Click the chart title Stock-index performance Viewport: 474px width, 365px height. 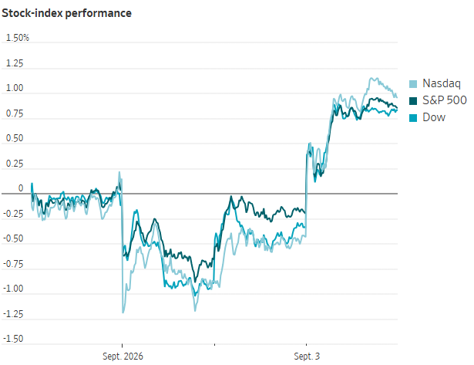tap(66, 13)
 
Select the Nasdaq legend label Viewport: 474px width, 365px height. tap(442, 83)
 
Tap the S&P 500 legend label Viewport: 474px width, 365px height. tap(445, 100)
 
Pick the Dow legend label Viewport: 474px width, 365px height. tap(434, 117)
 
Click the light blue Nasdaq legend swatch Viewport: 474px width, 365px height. tap(413, 84)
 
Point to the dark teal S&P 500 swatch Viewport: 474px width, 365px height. tap(413, 101)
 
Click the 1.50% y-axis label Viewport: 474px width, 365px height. tap(18, 38)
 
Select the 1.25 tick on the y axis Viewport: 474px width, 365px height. tap(15, 63)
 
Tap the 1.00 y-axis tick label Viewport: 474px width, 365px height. tap(15, 88)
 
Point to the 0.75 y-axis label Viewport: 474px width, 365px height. tap(15, 113)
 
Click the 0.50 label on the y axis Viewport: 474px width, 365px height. tap(15, 138)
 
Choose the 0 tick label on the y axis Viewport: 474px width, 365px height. tap(21, 188)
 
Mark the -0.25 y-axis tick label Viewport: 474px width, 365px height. tap(13, 214)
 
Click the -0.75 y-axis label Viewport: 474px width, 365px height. tap(13, 264)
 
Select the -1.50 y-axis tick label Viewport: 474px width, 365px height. tap(13, 339)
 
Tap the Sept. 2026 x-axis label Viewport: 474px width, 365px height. tap(123, 357)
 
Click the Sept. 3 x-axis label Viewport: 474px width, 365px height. tap(307, 357)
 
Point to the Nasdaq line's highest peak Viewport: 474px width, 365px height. tap(371, 79)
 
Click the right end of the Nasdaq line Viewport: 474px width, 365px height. tap(397, 97)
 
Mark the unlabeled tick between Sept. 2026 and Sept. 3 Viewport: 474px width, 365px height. tap(214, 345)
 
